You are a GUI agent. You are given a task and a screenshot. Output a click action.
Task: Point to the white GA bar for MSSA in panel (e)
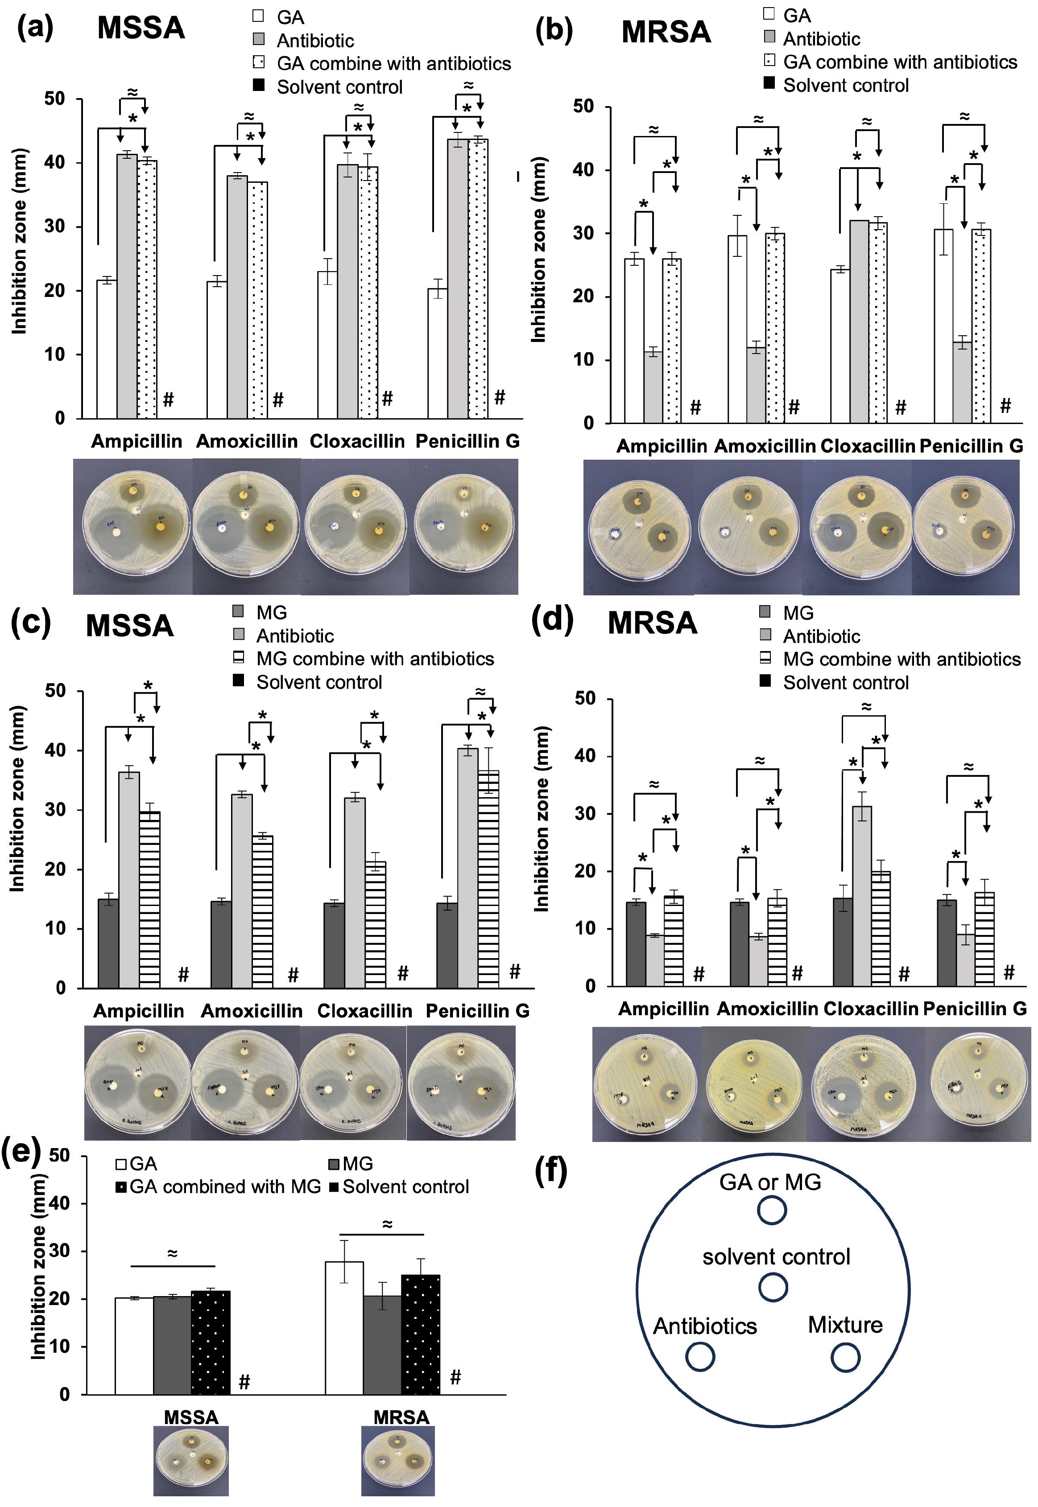(134, 1346)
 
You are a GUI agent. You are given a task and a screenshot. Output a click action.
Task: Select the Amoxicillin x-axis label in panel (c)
(252, 1011)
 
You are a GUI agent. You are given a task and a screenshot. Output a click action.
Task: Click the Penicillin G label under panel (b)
(971, 446)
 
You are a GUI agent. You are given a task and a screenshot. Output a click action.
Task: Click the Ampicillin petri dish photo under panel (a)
(135, 525)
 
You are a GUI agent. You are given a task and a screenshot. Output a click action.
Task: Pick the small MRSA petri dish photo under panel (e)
(398, 1460)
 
